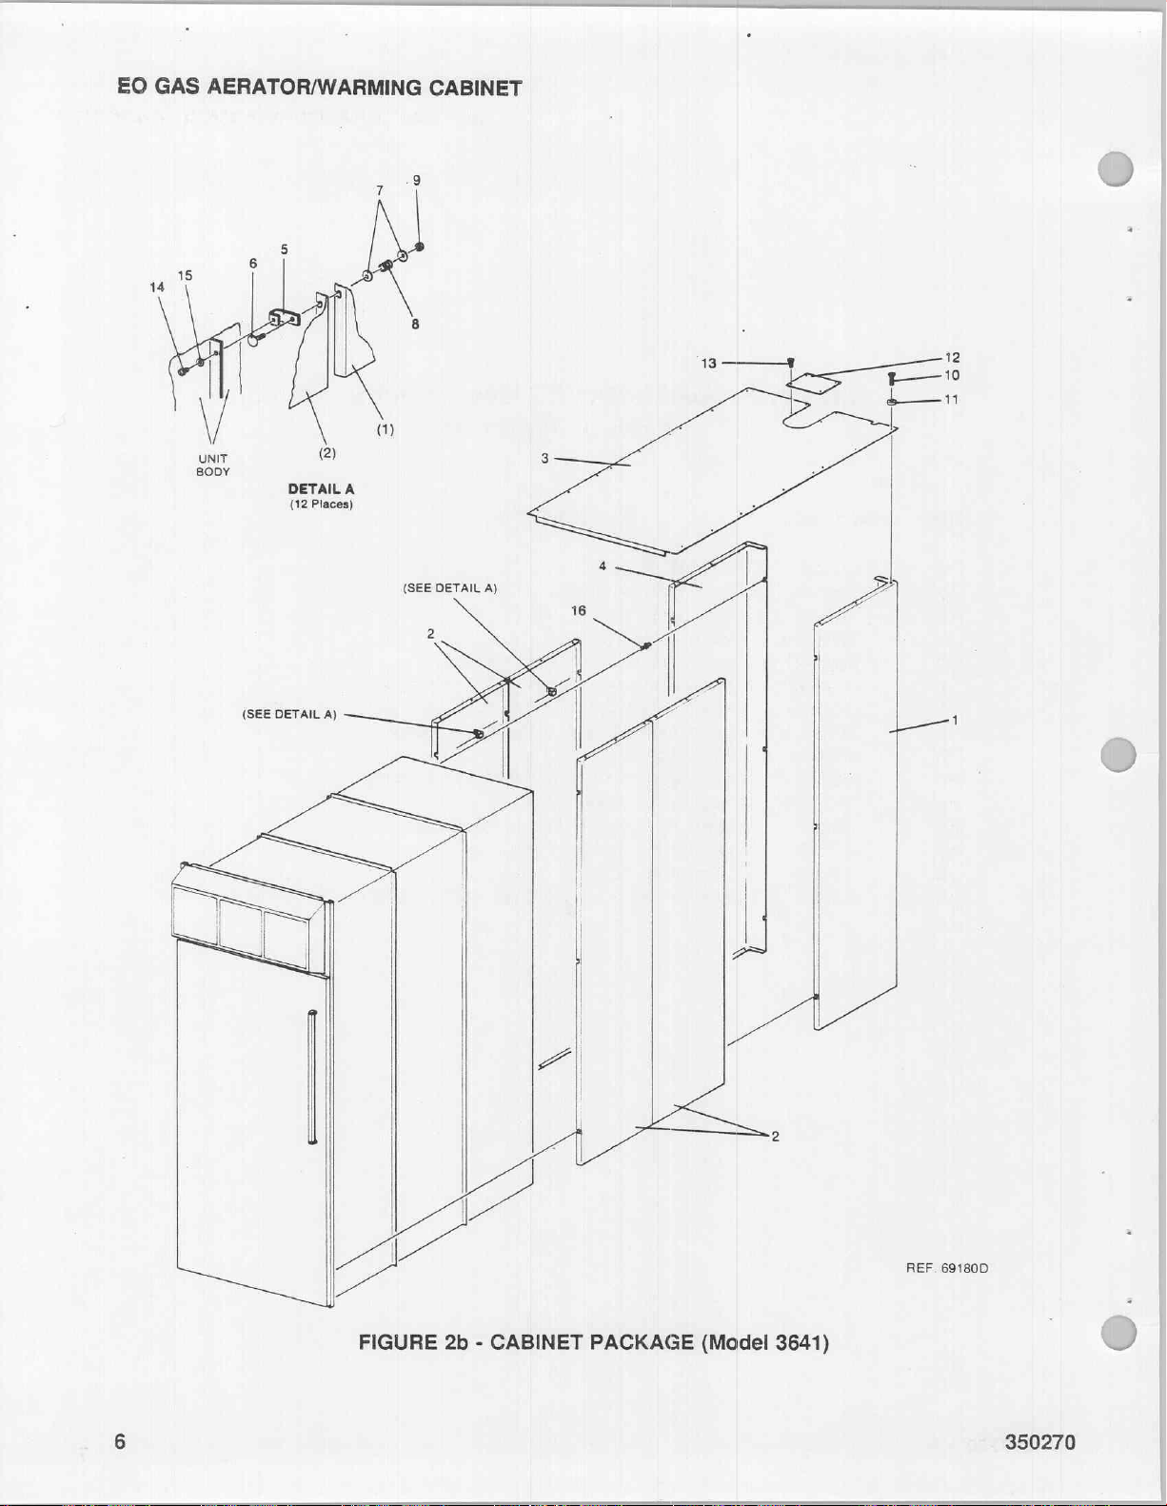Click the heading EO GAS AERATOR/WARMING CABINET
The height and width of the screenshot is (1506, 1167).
point(320,88)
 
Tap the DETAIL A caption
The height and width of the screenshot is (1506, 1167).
point(321,488)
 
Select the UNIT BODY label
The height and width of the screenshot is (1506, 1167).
point(213,466)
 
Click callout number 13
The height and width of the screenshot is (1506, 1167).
point(708,363)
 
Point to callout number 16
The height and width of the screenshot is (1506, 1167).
point(578,610)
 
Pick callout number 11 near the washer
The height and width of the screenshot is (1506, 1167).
point(952,399)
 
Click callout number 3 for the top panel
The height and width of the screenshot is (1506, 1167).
point(545,458)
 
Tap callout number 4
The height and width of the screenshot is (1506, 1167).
point(603,566)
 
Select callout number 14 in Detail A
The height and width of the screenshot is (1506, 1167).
point(157,287)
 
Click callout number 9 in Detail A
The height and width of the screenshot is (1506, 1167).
point(417,180)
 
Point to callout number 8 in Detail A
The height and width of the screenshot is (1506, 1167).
point(415,324)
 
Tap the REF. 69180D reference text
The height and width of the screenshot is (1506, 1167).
point(946,1268)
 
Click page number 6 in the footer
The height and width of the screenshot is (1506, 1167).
point(120,1441)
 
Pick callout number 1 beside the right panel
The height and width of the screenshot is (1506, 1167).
point(954,720)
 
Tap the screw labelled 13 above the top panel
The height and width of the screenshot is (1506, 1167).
point(791,363)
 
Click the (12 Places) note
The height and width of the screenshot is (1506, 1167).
point(321,504)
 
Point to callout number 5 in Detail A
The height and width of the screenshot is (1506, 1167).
point(285,249)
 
